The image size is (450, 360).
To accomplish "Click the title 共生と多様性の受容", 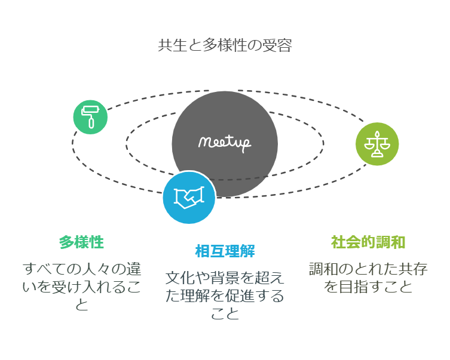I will [x=225, y=46].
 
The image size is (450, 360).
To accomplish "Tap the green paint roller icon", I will [x=90, y=117].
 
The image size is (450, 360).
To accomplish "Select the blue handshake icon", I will [x=189, y=198].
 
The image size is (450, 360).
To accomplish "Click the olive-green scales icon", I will [x=377, y=144].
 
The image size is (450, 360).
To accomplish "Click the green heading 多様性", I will [x=81, y=242].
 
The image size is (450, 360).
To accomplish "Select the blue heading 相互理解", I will [x=225, y=251].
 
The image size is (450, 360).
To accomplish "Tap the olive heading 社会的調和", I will [x=368, y=242].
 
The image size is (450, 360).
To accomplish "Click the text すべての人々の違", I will [x=81, y=269].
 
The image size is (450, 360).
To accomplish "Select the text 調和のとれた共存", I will [x=368, y=269].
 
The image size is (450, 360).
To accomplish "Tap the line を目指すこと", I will [x=368, y=287].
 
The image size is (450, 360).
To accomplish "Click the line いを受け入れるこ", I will [x=81, y=287].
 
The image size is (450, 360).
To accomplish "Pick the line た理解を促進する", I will [x=225, y=296].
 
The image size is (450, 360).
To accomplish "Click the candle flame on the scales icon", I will [x=377, y=134].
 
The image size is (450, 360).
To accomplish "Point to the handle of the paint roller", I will [x=91, y=124].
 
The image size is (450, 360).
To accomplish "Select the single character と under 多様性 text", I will [x=81, y=304].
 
